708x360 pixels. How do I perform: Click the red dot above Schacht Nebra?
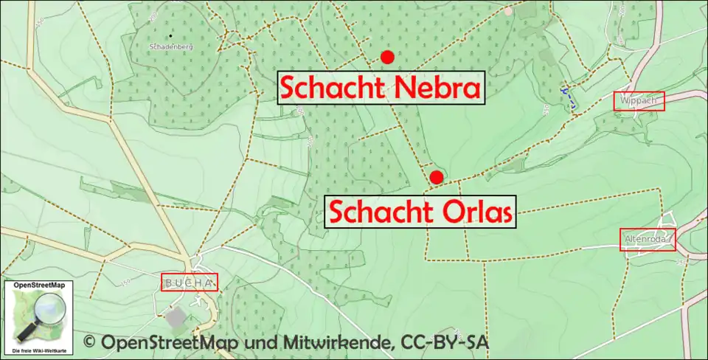coord(387,57)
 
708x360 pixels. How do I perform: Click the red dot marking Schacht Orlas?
coord(437,177)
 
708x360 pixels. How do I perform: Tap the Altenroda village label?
coord(647,239)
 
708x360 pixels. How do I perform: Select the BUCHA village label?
coord(190,282)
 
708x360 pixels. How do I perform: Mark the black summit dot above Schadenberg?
coord(170,35)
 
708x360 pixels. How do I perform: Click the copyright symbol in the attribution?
coord(90,342)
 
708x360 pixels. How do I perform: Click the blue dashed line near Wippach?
coord(567,98)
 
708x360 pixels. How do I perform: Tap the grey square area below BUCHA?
coord(176,318)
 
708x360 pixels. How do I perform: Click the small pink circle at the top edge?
coord(507,11)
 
